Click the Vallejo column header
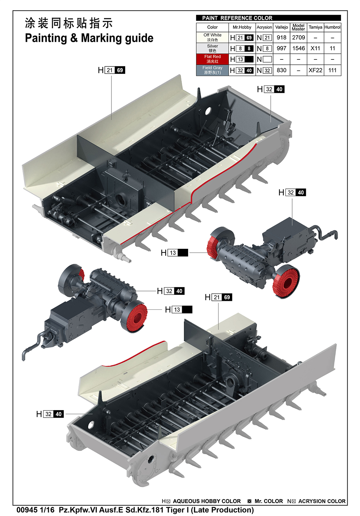(x=282, y=27)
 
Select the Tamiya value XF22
(x=315, y=70)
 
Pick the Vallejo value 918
(x=282, y=38)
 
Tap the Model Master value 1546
(x=298, y=49)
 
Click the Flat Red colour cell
(x=212, y=59)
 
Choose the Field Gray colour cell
(x=212, y=70)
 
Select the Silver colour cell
(x=212, y=49)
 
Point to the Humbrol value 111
(x=332, y=70)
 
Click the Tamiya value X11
(x=315, y=49)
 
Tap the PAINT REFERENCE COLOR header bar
(x=268, y=18)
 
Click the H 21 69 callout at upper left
(x=111, y=70)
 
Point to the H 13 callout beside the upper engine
(x=174, y=253)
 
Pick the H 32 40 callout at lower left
(x=50, y=414)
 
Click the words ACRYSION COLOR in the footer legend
(x=322, y=501)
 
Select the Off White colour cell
(x=212, y=38)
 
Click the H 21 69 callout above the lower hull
(x=218, y=297)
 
